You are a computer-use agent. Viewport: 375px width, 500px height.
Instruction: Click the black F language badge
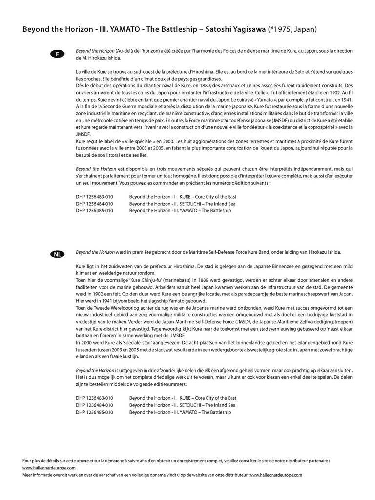click(x=57, y=54)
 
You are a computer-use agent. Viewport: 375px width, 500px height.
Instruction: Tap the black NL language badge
click(x=57, y=254)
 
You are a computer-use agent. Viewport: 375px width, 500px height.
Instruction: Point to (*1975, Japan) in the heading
click(x=292, y=29)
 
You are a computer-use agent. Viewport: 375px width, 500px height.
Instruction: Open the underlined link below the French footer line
click(x=49, y=467)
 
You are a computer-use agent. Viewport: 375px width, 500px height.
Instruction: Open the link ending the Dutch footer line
click(x=276, y=474)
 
